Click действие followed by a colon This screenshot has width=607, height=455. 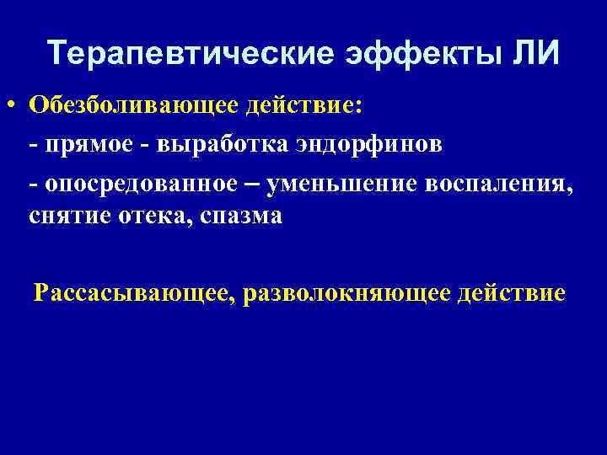click(x=306, y=107)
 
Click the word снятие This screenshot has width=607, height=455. click(x=67, y=217)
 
